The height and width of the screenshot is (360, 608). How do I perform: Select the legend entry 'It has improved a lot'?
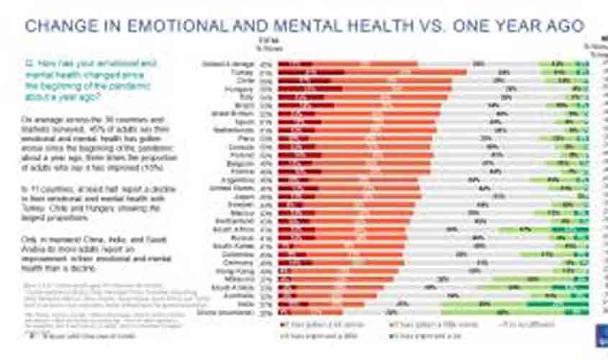414,336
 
